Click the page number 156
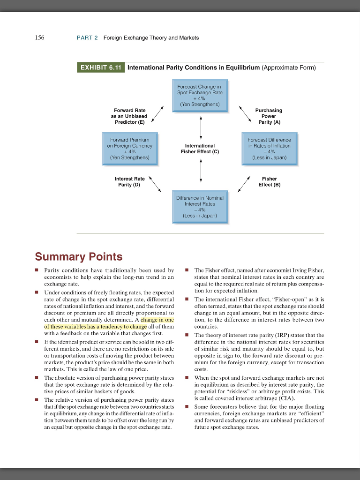[40, 37]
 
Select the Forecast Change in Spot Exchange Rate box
[200, 95]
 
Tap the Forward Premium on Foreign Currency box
[130, 149]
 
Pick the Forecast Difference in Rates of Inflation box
[269, 149]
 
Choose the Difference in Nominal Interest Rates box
[200, 207]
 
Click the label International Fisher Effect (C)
[200, 149]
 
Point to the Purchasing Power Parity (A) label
[269, 116]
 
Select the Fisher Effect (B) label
[269, 181]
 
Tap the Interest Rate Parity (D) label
[130, 181]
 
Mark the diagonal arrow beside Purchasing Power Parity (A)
[246, 114]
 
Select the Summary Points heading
[78, 257]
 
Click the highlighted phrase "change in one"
[157, 320]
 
